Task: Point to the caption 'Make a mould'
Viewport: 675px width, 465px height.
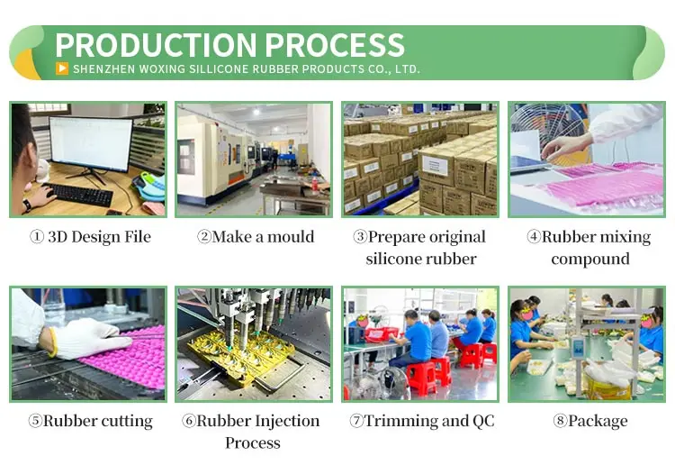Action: pos(256,237)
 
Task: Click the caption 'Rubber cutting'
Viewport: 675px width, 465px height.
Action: pos(91,421)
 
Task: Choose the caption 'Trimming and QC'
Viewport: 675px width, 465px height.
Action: pos(421,421)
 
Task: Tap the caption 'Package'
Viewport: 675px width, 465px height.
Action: pos(590,421)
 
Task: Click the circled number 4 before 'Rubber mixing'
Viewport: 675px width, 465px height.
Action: pos(534,237)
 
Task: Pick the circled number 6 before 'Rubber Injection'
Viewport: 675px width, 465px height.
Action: pos(189,421)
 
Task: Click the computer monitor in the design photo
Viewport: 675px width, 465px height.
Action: pos(90,143)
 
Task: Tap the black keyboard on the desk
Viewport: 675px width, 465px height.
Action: pos(80,195)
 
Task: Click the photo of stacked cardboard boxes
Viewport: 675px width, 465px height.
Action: pos(420,159)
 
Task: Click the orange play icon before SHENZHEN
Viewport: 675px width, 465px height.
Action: pos(61,68)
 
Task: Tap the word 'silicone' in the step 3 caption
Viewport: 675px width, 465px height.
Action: pos(393,259)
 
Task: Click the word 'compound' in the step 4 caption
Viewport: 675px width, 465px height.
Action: pos(590,259)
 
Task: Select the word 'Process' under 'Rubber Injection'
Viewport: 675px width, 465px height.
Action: pos(253,442)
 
